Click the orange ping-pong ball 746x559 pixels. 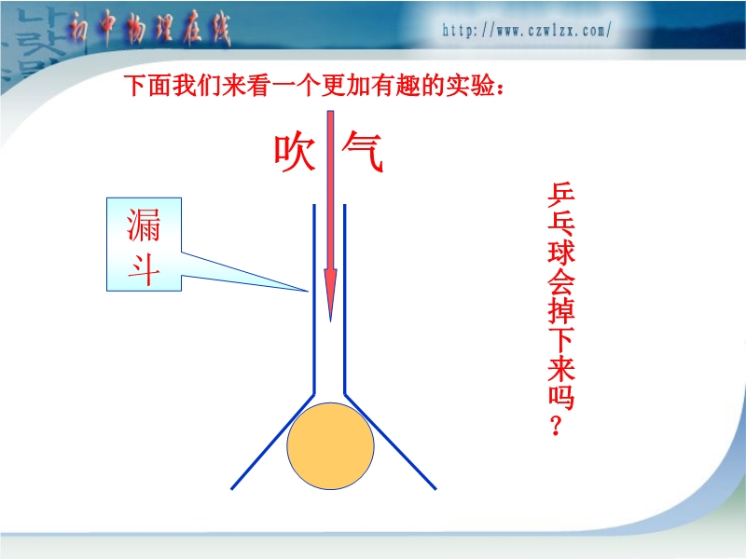coord(330,446)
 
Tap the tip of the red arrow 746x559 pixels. coord(331,321)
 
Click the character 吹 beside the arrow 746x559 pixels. coord(295,153)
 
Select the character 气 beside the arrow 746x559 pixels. coord(363,152)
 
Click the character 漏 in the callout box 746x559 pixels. coord(144,225)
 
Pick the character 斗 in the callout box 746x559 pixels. coord(144,269)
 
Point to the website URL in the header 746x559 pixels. coord(526,31)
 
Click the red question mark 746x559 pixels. coord(556,426)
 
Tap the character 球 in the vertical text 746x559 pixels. coord(561,252)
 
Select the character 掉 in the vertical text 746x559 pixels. coord(561,309)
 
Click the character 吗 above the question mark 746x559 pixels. coord(561,396)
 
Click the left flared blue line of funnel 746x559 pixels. coord(272,441)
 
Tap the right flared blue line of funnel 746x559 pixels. coord(390,441)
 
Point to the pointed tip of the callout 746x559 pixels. coord(308,291)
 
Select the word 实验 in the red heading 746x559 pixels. coord(470,86)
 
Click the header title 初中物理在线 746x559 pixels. coord(149,29)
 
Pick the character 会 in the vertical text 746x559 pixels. coord(561,280)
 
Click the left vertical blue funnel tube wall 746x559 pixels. coord(314,299)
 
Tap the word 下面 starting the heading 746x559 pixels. coord(148,86)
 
